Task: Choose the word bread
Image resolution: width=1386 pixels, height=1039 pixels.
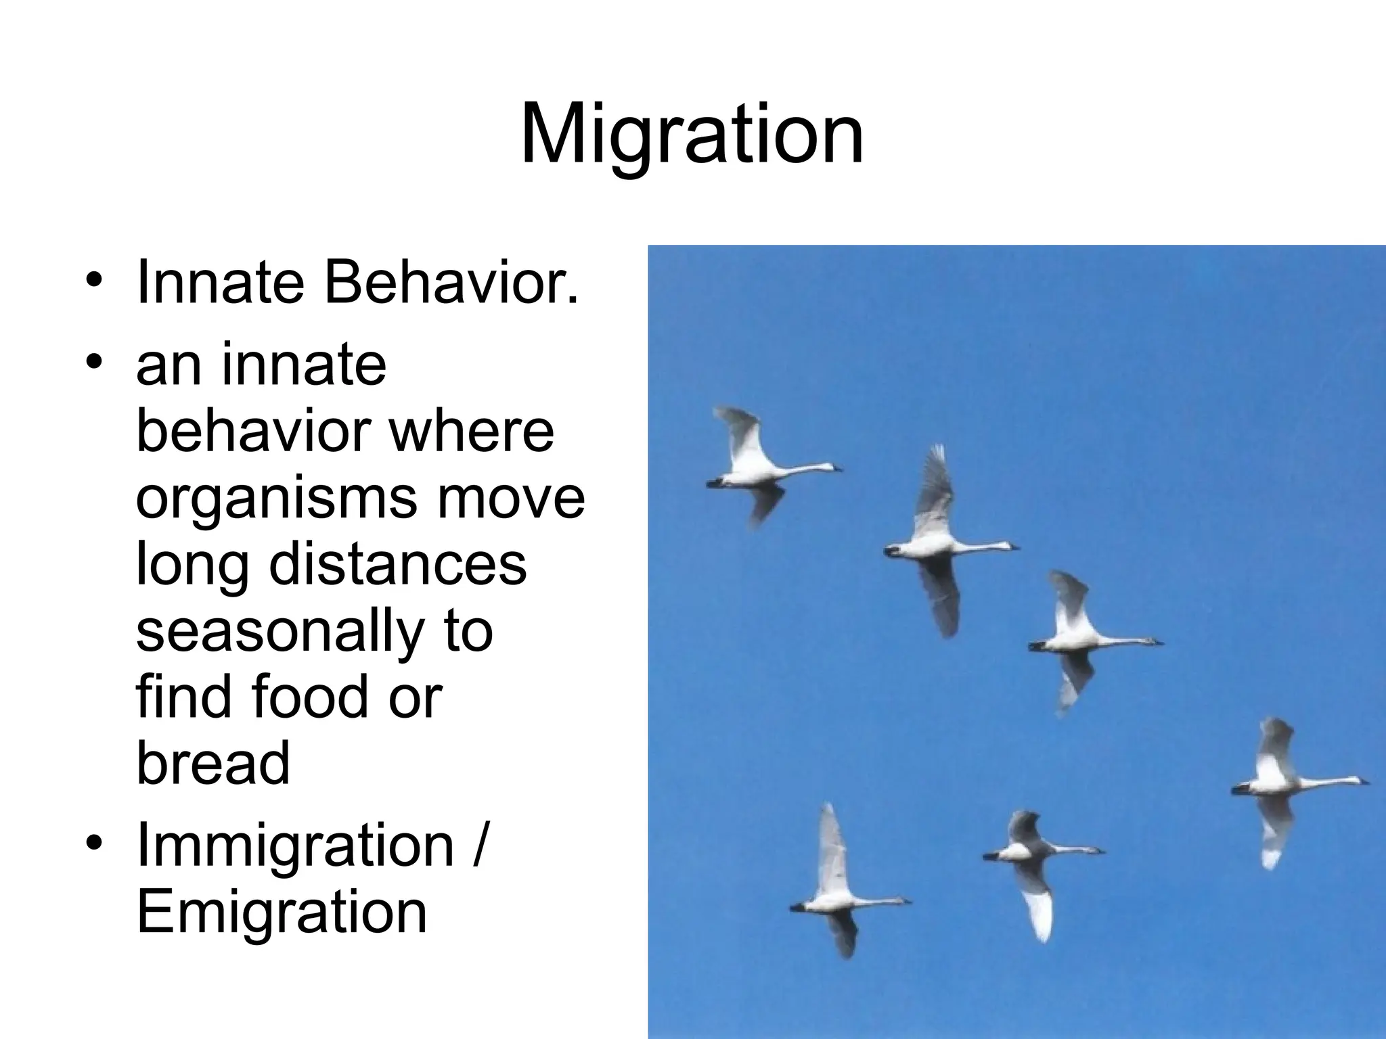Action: pos(213,763)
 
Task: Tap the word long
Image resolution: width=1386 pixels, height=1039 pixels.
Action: pos(192,567)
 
